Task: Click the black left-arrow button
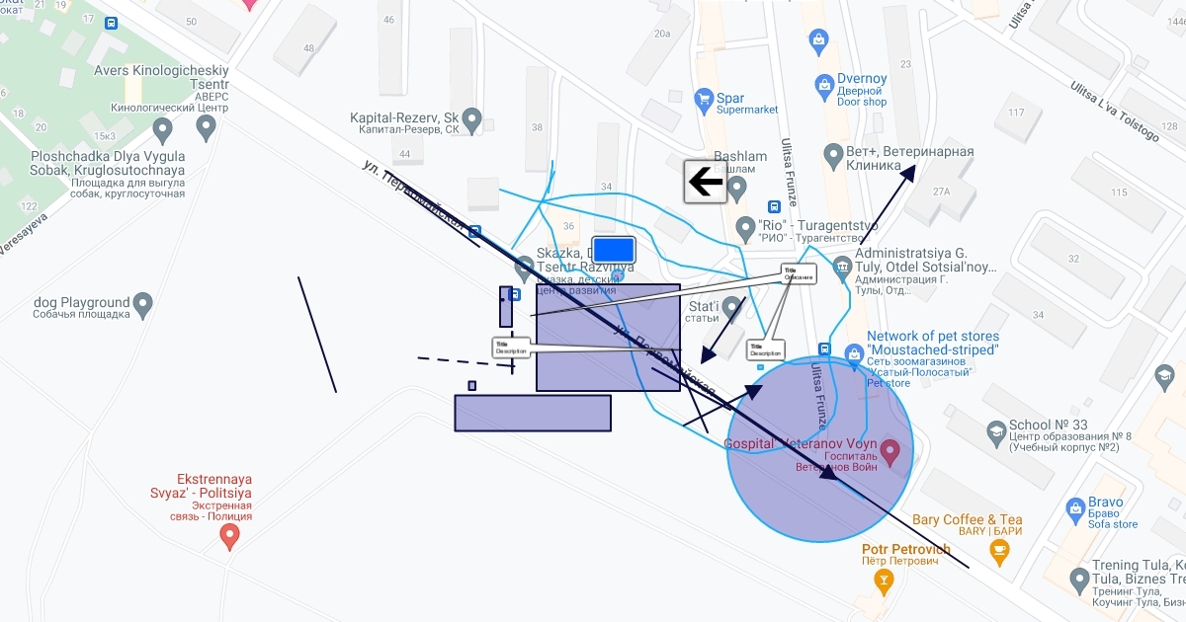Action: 706,182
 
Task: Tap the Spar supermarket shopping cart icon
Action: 704,98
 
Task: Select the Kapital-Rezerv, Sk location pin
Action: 472,120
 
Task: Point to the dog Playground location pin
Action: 143,304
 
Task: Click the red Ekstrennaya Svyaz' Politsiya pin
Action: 230,536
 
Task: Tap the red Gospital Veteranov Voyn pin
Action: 889,452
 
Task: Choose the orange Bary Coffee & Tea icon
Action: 999,551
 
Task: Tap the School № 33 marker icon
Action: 996,431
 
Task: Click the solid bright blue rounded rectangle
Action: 613,249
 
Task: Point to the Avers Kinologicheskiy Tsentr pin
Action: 207,126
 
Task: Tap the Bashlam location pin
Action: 736,185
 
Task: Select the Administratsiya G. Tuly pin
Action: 842,266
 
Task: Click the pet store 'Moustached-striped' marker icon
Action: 855,352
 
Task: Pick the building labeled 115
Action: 1119,193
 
